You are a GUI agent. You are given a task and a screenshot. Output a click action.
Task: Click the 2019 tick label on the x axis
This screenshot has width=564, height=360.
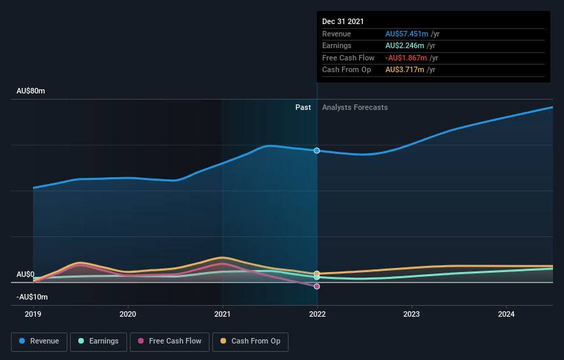point(33,313)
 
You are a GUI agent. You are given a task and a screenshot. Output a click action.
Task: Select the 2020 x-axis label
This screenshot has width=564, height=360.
point(128,313)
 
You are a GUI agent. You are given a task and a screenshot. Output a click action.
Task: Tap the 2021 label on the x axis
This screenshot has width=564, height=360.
point(223,313)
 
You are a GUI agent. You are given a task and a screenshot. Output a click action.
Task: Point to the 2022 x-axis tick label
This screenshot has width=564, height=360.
point(317,313)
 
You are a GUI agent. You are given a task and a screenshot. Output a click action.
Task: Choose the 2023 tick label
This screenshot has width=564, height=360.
point(411,313)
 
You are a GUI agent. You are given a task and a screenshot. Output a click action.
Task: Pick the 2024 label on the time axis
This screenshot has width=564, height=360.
point(506,313)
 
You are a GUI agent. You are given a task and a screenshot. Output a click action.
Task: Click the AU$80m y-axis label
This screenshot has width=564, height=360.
point(30,91)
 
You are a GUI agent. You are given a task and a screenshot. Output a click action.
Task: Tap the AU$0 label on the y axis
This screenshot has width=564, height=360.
point(25,274)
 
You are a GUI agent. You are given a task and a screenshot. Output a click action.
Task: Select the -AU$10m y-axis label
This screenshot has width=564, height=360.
point(32,297)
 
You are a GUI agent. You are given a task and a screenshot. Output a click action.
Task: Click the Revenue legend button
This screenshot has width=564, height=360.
point(39,341)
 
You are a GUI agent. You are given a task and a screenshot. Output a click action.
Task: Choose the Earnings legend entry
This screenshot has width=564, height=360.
point(98,341)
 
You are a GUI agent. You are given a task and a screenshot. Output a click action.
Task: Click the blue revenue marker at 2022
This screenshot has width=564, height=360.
point(317,150)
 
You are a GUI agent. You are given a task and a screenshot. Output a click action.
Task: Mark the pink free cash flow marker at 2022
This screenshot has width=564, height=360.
point(317,286)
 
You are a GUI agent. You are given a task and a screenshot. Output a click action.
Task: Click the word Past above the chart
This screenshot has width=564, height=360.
point(303,107)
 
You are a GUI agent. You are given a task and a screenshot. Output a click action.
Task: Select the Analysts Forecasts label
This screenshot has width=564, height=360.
point(354,107)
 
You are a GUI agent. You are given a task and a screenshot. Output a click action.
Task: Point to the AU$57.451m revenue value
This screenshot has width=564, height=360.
point(407,34)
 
